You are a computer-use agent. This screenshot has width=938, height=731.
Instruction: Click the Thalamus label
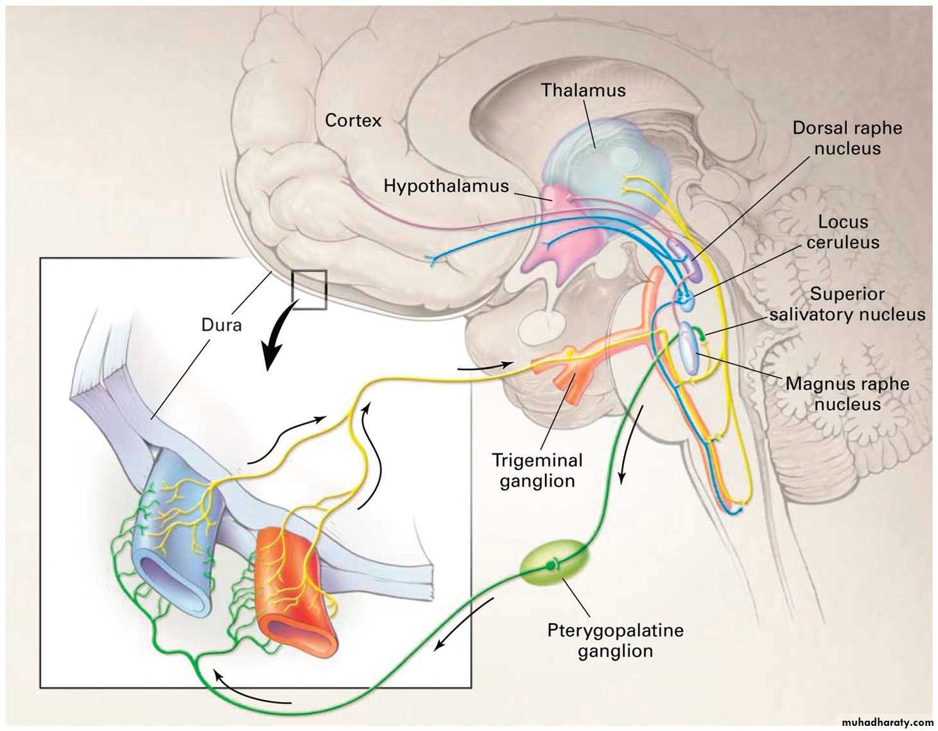[583, 90]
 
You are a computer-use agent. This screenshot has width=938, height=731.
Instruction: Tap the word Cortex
[353, 120]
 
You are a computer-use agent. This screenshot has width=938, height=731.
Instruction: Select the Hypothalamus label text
[446, 186]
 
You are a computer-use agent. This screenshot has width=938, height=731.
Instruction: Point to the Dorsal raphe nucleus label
[847, 138]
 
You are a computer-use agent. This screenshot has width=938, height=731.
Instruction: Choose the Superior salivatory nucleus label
[847, 304]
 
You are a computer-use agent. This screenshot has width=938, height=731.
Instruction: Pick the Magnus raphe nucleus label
[847, 394]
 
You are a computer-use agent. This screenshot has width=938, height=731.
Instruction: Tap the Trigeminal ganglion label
[537, 470]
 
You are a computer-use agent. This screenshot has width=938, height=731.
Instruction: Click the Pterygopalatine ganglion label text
[615, 640]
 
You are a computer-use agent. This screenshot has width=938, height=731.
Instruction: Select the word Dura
[221, 325]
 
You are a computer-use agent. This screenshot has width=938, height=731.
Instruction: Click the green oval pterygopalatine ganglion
[553, 563]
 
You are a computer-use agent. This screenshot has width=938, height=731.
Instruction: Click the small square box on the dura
[309, 290]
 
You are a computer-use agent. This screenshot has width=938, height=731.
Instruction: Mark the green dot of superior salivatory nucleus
[702, 335]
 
